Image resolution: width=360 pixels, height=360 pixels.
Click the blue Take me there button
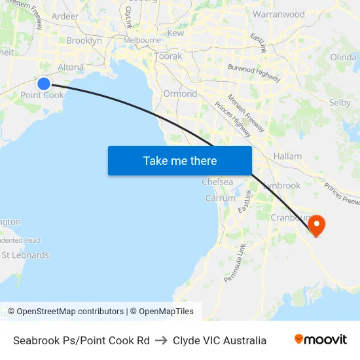[x=180, y=160]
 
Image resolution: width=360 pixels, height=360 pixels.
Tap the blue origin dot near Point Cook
[x=44, y=83]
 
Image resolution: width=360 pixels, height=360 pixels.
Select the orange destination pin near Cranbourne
[x=316, y=225]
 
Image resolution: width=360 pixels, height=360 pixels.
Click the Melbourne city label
[x=142, y=40]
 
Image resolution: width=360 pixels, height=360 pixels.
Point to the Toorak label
[x=168, y=56]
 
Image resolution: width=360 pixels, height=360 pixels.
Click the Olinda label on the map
[x=343, y=57]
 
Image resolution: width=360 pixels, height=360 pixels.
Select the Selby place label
[x=340, y=103]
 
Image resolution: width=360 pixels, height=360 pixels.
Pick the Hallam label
[x=288, y=156]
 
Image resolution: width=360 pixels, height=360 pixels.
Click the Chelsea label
[x=217, y=182]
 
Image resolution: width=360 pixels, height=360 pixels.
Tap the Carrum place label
[x=221, y=198]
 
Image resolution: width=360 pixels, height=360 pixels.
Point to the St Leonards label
[x=25, y=255]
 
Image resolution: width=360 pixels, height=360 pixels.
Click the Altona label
[x=71, y=67]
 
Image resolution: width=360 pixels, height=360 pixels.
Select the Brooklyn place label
[x=84, y=41]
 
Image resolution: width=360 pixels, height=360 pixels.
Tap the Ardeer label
[x=64, y=16]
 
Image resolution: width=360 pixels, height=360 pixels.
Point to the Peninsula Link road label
[x=234, y=262]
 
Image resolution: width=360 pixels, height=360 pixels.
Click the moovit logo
[x=320, y=340]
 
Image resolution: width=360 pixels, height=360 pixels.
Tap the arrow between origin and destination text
[x=161, y=340]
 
